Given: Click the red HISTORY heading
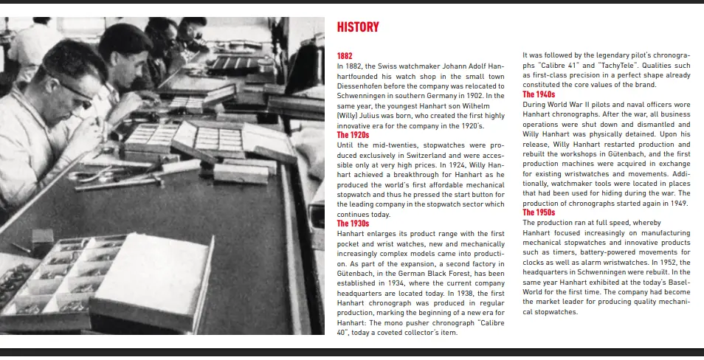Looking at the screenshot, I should tap(358, 27).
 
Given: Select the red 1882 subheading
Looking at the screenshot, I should tap(345, 56).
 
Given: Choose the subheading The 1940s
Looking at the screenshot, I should tap(539, 94).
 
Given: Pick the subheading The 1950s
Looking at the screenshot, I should tap(539, 212).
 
